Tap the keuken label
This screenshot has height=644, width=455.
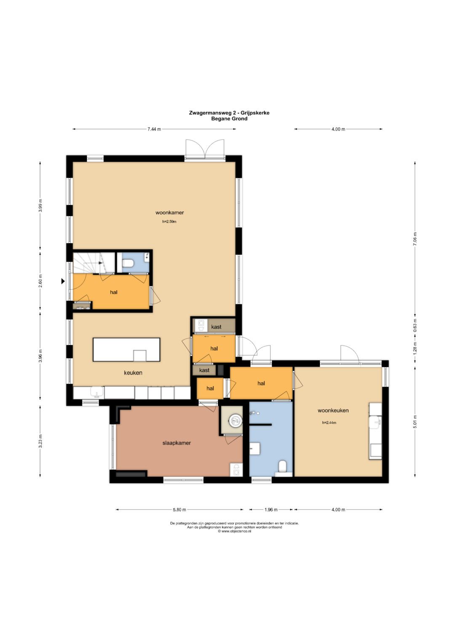(133, 372)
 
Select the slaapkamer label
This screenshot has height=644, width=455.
(177, 443)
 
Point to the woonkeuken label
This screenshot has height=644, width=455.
(333, 410)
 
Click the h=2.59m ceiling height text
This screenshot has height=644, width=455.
(169, 222)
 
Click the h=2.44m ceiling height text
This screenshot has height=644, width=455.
(329, 423)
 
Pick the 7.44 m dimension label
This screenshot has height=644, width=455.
(154, 129)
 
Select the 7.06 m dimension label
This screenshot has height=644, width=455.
(415, 239)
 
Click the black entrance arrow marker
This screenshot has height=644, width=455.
(63, 281)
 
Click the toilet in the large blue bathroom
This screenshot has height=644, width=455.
(283, 467)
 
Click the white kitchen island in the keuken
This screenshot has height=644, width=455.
(126, 350)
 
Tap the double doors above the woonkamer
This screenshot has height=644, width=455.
(204, 149)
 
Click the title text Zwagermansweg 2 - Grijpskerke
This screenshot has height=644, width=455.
(229, 113)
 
